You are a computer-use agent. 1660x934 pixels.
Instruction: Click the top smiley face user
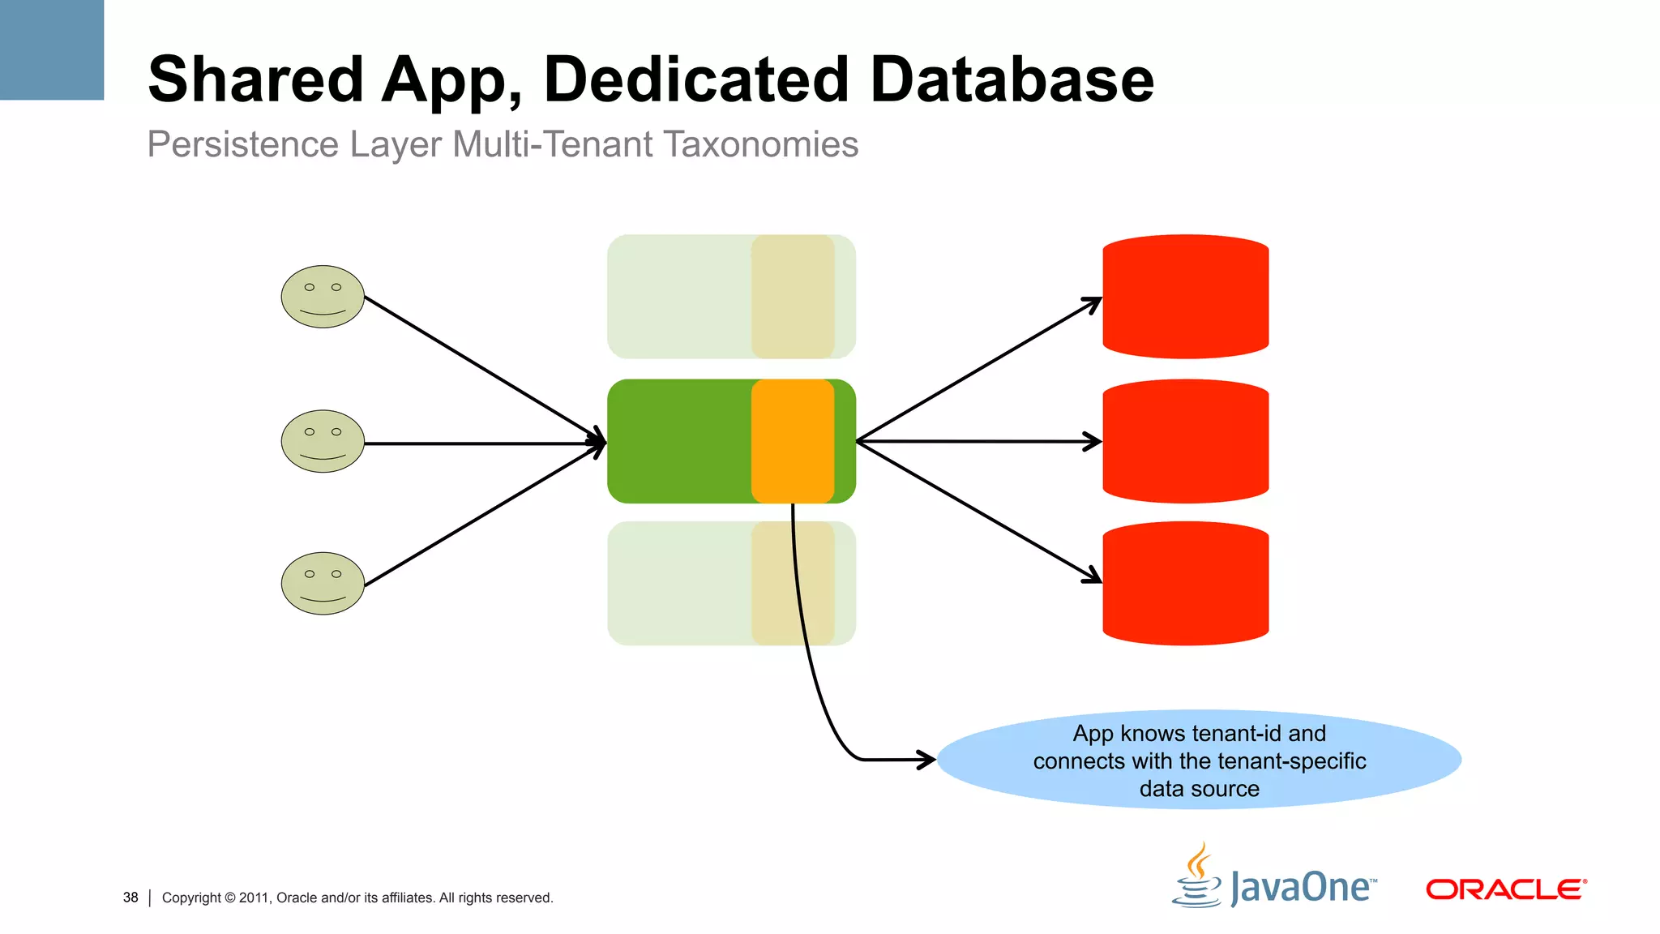click(323, 297)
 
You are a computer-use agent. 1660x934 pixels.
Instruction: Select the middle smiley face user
click(323, 441)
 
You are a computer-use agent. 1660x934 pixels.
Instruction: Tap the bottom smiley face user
click(323, 584)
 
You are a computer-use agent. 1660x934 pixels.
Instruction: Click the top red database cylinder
click(1185, 297)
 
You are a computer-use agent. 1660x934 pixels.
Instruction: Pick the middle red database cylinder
click(1185, 441)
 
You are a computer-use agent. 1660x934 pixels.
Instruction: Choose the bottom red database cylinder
click(1185, 584)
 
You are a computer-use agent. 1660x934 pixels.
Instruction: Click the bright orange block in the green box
click(793, 441)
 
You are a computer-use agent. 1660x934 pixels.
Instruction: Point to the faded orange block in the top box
click(793, 297)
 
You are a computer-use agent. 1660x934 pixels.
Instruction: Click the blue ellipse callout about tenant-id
click(1199, 760)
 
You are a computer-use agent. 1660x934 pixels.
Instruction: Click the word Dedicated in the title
click(695, 79)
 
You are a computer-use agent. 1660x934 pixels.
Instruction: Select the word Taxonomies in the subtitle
click(760, 145)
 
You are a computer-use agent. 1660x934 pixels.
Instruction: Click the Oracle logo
click(1505, 889)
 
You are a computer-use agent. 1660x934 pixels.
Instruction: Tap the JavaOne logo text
click(1301, 888)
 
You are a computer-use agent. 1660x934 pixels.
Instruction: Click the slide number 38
click(130, 898)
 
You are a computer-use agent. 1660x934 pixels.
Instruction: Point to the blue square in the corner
click(52, 49)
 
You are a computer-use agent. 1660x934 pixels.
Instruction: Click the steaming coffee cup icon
click(1197, 877)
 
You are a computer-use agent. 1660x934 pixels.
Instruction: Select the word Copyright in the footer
click(191, 898)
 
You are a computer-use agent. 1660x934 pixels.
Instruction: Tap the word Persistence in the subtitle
click(242, 145)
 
